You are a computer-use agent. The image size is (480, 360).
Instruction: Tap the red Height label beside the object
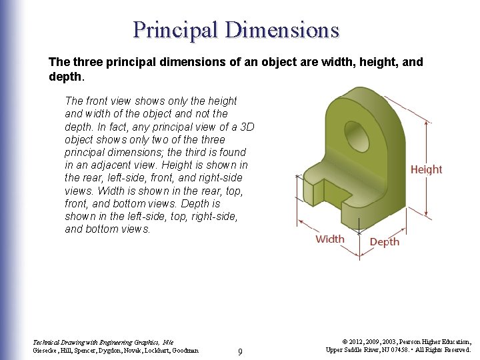pos(426,169)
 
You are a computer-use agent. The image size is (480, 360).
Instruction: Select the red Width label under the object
pos(330,239)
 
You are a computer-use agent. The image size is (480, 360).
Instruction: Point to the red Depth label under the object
pos(385,241)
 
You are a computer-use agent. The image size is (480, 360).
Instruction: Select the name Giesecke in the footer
pos(46,350)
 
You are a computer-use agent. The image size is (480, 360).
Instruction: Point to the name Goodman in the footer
pos(184,350)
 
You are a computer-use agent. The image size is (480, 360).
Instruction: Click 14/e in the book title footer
pos(168,341)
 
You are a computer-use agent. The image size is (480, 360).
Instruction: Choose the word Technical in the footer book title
pos(47,341)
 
